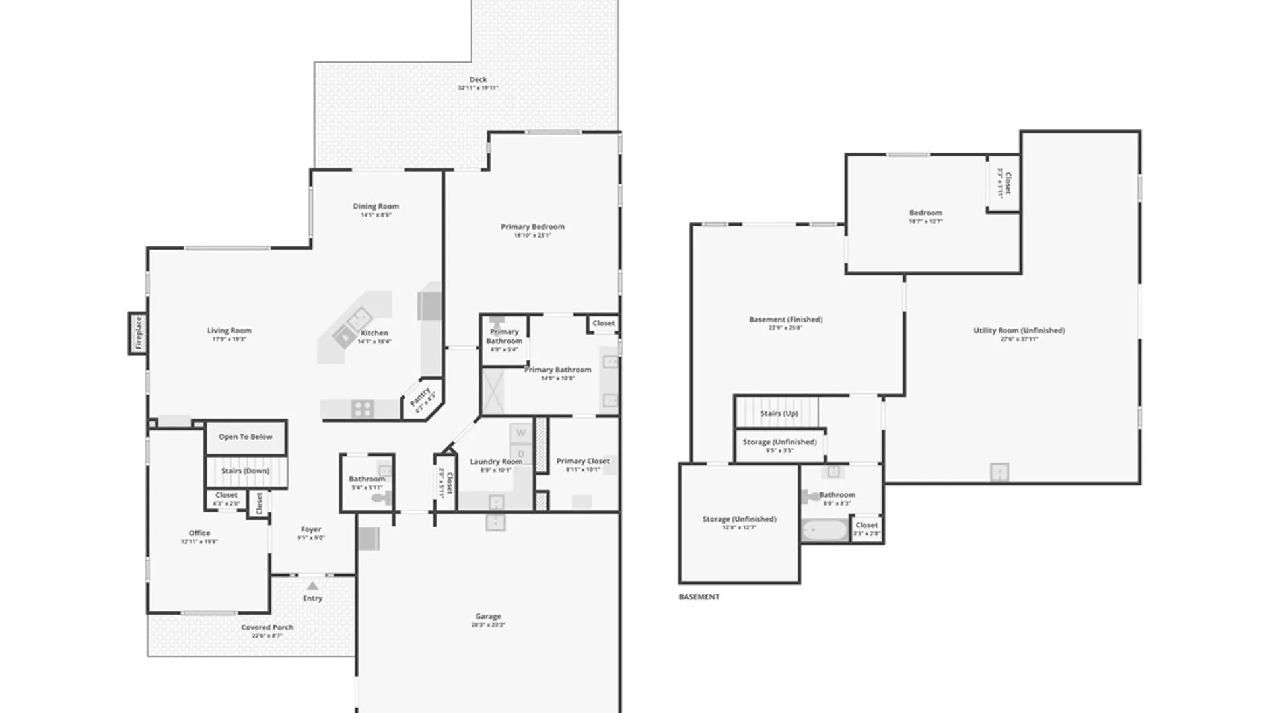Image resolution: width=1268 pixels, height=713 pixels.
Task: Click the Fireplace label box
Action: tap(138, 333)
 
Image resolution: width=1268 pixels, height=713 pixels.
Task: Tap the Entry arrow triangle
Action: tap(312, 586)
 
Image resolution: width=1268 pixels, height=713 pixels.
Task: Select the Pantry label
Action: tap(421, 398)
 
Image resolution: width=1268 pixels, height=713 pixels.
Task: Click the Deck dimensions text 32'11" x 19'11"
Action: tap(478, 88)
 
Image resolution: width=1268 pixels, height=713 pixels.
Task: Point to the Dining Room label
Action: tap(376, 206)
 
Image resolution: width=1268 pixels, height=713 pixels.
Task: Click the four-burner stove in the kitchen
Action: tap(363, 409)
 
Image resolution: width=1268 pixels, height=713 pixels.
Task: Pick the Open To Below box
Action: tap(246, 437)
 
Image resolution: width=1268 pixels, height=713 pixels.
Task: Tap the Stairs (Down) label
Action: tap(245, 471)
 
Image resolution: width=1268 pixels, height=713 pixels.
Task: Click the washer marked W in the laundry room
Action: tap(521, 434)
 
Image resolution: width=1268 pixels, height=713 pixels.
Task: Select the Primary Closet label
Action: tap(582, 461)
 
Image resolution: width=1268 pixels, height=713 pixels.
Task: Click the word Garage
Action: tap(488, 616)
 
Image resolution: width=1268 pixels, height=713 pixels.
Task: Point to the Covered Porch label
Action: tap(267, 627)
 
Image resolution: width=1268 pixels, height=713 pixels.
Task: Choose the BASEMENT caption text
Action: tap(699, 597)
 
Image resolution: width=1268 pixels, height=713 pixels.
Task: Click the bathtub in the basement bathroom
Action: tap(825, 529)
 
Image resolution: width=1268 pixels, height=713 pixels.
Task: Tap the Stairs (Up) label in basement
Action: tap(779, 413)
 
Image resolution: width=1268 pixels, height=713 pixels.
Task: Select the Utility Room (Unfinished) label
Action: tap(1019, 330)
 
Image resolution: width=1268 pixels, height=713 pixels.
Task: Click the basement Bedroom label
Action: tap(925, 213)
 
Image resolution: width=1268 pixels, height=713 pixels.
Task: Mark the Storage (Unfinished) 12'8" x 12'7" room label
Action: tap(739, 519)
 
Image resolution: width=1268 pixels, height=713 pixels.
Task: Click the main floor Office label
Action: tap(199, 533)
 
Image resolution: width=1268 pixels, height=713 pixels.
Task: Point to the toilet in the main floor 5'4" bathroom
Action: tap(382, 498)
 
